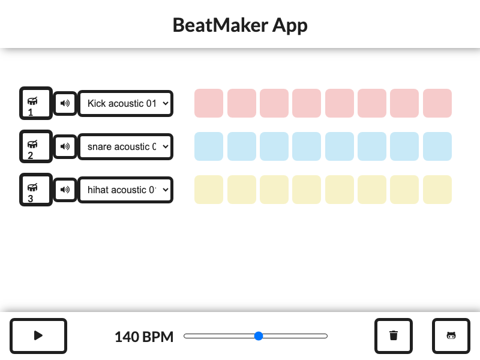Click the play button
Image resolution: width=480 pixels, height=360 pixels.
tap(38, 336)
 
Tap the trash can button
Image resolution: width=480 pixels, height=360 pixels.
tap(394, 336)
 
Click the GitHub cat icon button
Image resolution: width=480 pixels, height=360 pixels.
tap(451, 336)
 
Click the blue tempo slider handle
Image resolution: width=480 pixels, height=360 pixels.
tap(259, 336)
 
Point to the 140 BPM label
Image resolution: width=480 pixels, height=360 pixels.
tap(144, 337)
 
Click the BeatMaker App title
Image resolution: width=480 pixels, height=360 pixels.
tap(240, 25)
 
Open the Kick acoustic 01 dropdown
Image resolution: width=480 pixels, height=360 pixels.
tap(126, 103)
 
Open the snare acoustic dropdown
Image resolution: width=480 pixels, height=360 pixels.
tap(126, 146)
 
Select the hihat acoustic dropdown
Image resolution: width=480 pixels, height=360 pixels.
tap(126, 190)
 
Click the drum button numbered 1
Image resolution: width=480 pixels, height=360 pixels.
tap(35, 103)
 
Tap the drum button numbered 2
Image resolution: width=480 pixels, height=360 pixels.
tap(35, 146)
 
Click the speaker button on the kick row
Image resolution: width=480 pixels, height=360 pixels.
tap(65, 103)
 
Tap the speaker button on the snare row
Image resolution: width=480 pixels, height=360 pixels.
tap(65, 146)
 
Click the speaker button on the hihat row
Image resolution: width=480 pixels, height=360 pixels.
tap(65, 190)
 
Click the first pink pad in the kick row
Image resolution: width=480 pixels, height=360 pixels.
tap(209, 103)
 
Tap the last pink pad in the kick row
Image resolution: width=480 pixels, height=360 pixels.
tap(437, 103)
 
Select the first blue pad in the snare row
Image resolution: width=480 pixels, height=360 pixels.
tap(209, 146)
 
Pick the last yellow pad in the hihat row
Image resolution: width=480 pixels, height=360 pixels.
tap(437, 190)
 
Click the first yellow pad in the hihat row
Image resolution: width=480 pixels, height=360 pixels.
tap(209, 190)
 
